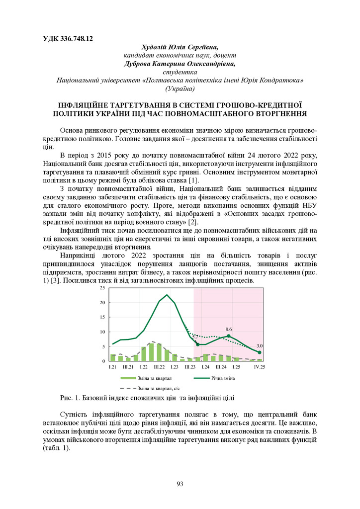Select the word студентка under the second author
180,72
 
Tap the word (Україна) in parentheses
180,88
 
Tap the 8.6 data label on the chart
229,329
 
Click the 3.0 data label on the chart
260,345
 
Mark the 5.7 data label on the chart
195,337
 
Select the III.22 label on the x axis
159,367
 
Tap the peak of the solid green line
167,295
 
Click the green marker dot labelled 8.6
229,336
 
